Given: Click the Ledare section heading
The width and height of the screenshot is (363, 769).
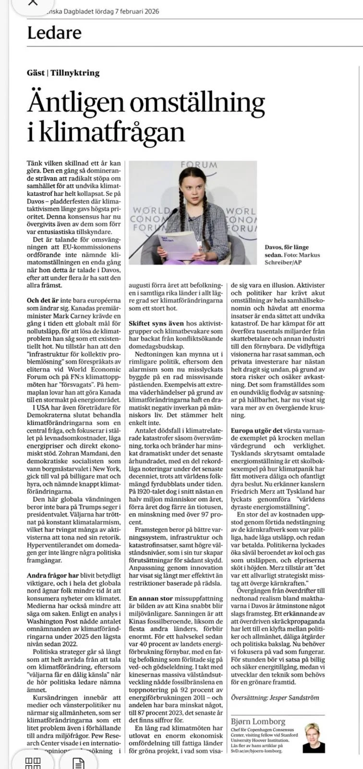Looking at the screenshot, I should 54,33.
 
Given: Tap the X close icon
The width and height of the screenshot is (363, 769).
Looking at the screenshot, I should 33,2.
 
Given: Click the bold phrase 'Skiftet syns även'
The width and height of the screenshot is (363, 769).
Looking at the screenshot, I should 156,323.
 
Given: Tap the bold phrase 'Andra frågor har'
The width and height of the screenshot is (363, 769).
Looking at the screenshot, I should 53,575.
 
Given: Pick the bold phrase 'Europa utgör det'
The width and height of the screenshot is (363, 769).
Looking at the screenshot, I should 256,431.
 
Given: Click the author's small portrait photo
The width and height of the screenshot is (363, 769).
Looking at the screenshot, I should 314,738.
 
